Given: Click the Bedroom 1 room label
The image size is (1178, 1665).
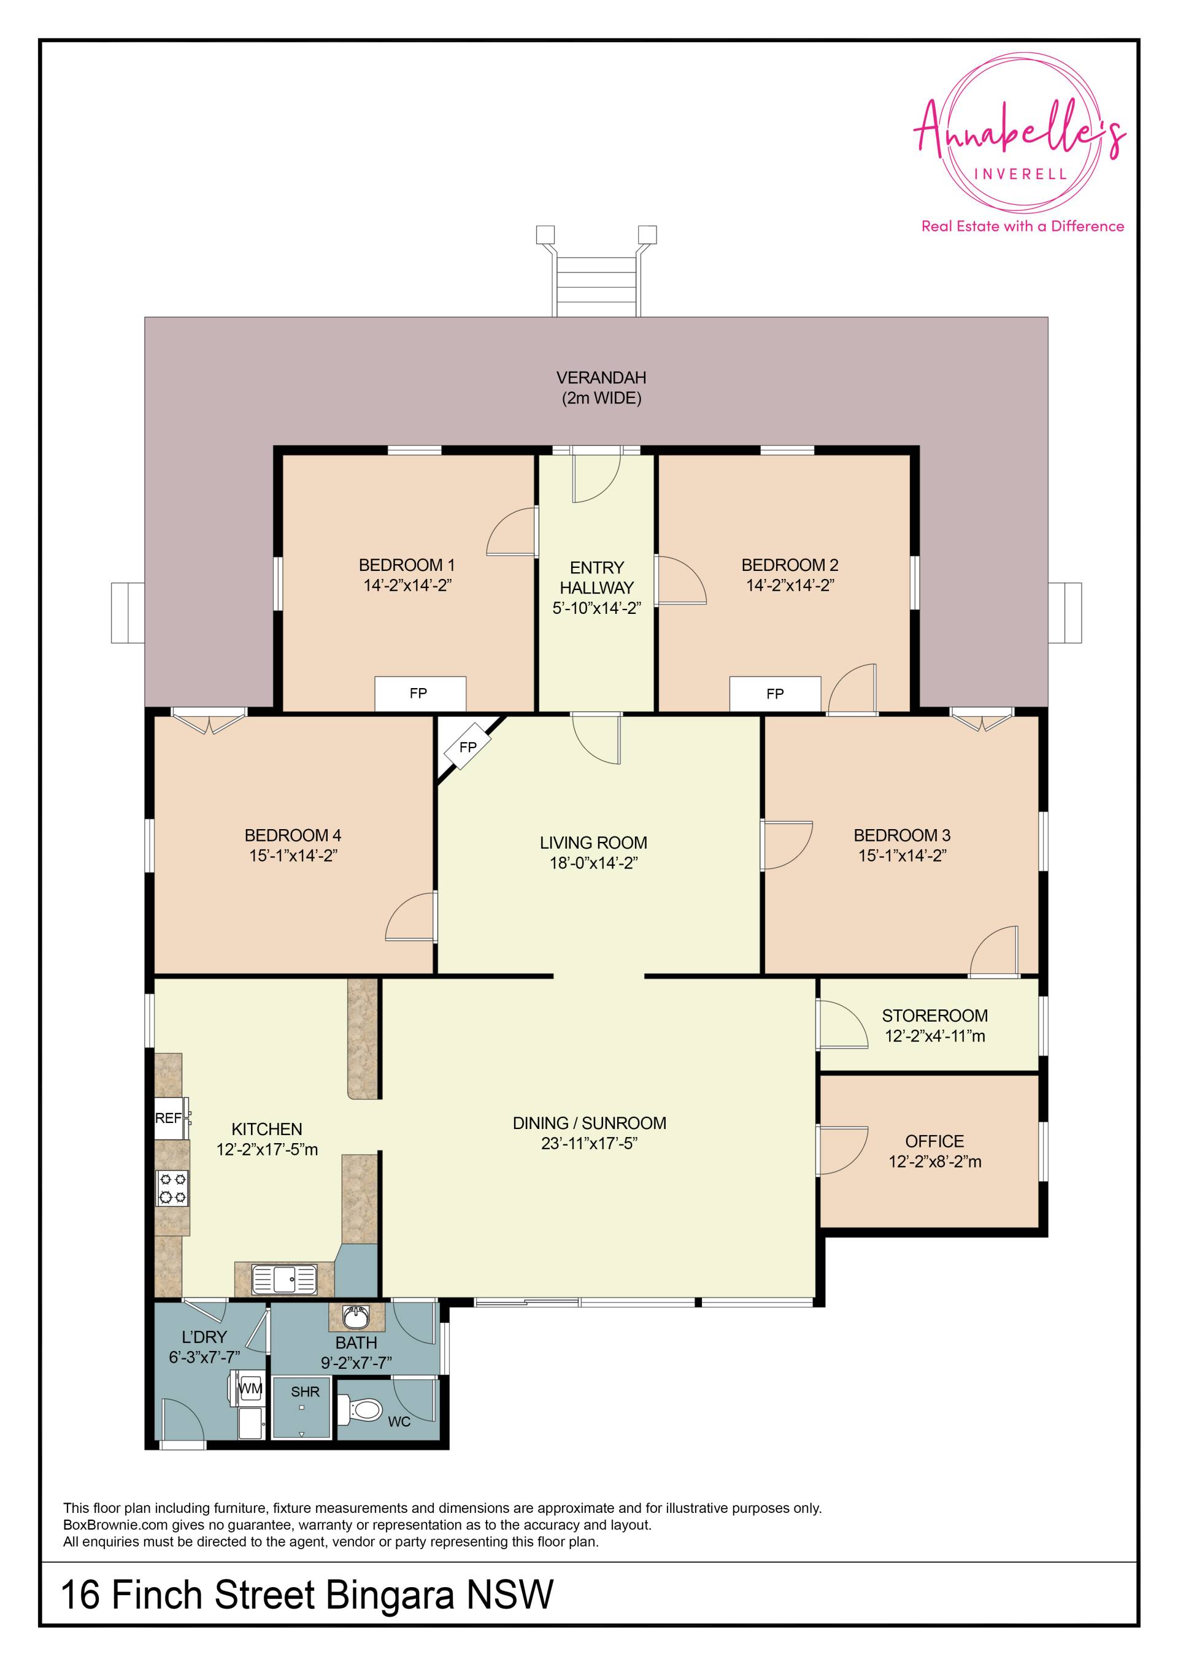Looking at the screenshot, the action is (x=406, y=565).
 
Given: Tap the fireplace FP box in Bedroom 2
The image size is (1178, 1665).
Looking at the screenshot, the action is (x=775, y=694).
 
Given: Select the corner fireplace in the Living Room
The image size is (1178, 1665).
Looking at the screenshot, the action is (x=468, y=747).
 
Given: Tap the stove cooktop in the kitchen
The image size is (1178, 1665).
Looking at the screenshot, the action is (x=172, y=1188).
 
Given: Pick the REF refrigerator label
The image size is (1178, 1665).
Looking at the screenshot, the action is (x=168, y=1118).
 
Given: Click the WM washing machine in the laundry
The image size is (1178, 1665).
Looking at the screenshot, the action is (x=251, y=1388).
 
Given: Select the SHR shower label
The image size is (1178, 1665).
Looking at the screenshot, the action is (x=305, y=1391).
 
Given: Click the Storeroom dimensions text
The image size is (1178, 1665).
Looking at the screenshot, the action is (x=934, y=1036).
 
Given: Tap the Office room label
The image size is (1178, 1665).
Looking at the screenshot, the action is (x=934, y=1141).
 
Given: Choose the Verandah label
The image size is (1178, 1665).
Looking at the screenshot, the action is (x=601, y=378).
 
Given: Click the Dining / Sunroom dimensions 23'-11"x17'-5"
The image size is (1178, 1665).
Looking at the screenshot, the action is (x=589, y=1144).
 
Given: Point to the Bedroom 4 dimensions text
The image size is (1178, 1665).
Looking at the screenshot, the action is (x=293, y=855).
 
